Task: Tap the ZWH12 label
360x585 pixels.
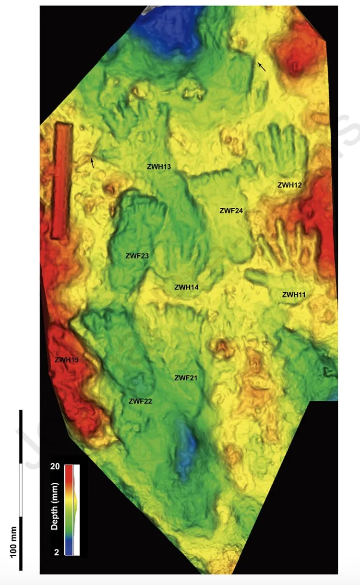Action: [289, 185]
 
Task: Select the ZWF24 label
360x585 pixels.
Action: [231, 210]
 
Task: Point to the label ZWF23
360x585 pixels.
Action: [136, 256]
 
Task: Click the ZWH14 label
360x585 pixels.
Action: [187, 287]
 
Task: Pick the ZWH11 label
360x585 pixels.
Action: [294, 295]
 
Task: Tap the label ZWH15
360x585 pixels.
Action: [66, 358]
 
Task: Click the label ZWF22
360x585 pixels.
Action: [140, 401]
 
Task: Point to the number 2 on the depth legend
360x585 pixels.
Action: [57, 552]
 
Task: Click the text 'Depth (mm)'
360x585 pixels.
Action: [55, 510]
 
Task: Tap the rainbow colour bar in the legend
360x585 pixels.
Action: [69, 510]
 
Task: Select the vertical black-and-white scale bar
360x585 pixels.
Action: [21, 489]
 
